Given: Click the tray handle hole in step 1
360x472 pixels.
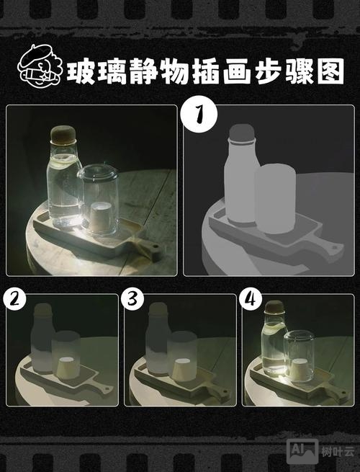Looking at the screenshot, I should click(x=333, y=248).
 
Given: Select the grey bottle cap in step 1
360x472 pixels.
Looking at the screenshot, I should click(x=241, y=134).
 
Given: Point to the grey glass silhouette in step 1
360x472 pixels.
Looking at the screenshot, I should click(x=276, y=198).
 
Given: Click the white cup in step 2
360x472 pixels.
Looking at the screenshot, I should click(x=66, y=365).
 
